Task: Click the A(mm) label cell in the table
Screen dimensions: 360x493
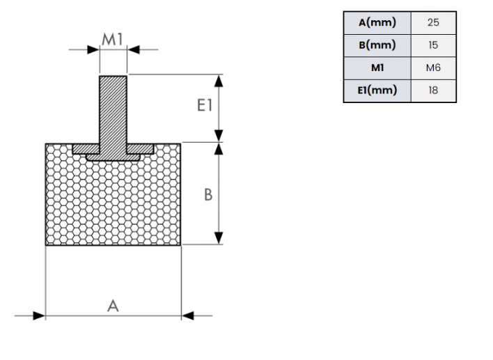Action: click(377, 22)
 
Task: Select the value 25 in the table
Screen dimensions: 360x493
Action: click(433, 22)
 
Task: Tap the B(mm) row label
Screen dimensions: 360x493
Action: click(377, 45)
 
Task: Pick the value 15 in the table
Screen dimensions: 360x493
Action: click(433, 45)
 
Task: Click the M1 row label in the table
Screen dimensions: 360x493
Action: click(377, 68)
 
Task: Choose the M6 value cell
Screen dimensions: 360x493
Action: click(433, 68)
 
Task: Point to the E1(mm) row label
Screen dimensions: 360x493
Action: click(377, 91)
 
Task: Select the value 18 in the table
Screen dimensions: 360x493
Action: click(433, 91)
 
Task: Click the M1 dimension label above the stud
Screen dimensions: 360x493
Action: click(113, 39)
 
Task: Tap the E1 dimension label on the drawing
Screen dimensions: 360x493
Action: click(204, 106)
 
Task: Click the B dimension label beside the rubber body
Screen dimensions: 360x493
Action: click(208, 195)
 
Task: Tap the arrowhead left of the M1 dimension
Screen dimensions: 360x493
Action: click(93, 49)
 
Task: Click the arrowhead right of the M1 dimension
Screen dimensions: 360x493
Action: click(134, 49)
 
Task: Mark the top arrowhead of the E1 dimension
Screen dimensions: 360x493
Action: click(220, 80)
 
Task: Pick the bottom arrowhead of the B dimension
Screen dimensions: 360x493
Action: click(220, 239)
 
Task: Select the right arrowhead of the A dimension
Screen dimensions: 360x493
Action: click(187, 315)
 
